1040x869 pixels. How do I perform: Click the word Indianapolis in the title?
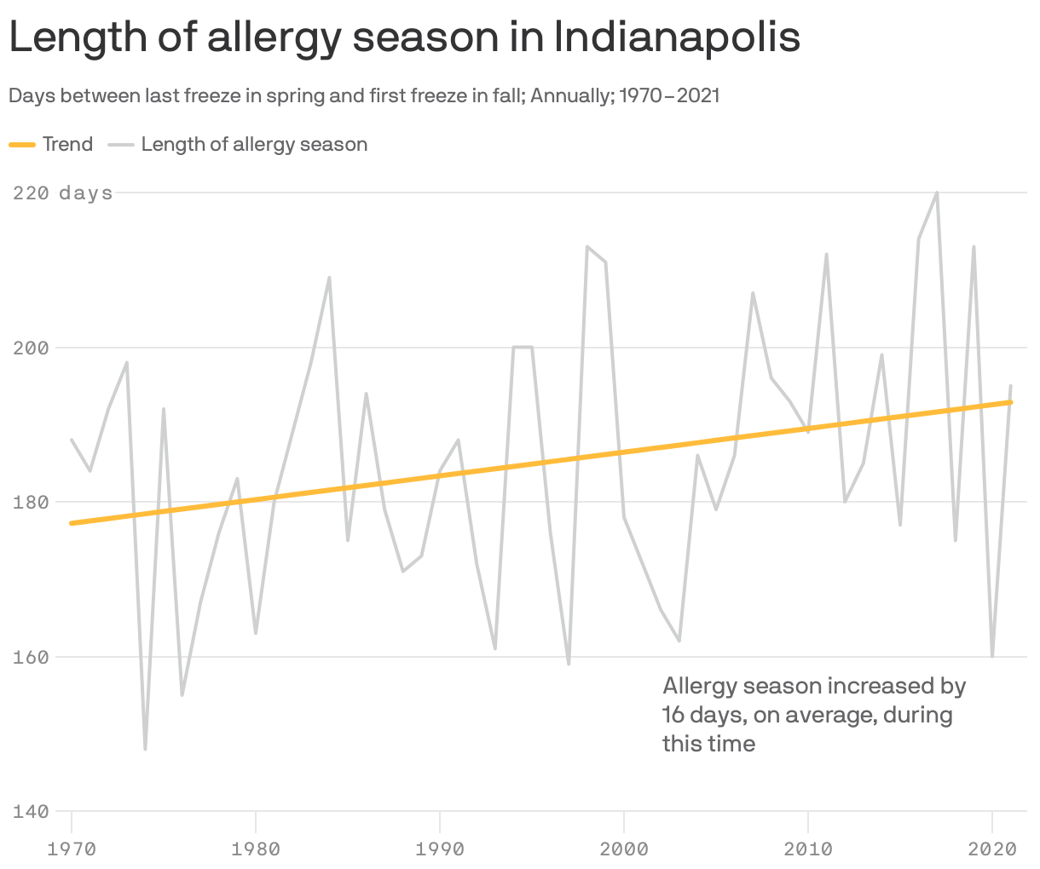click(678, 38)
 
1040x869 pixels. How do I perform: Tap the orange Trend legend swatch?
click(22, 145)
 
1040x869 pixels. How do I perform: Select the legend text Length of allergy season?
click(254, 145)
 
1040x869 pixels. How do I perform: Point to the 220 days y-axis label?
click(63, 193)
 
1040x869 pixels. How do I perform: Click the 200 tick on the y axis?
click(30, 348)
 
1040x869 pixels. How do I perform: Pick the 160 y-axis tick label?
click(30, 657)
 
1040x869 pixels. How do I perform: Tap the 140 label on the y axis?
click(30, 811)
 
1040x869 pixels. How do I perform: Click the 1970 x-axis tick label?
click(72, 849)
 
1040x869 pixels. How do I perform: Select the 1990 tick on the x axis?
click(440, 849)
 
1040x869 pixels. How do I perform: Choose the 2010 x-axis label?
click(808, 849)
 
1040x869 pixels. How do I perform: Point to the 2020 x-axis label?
click(992, 849)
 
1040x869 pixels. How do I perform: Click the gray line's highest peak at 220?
click(937, 193)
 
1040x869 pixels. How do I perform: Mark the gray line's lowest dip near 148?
click(146, 749)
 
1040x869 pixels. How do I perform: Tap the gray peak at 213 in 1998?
click(587, 247)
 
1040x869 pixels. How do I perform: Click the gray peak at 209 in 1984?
click(329, 278)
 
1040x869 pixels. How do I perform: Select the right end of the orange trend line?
click(1010, 402)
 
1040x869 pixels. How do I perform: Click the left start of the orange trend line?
click(72, 523)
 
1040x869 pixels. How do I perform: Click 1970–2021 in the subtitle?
click(669, 95)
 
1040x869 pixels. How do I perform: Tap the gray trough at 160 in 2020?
click(992, 655)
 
